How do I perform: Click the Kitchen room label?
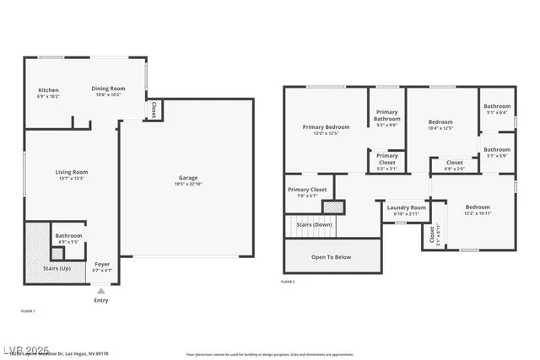pyautogui.click(x=48, y=90)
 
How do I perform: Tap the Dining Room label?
pyautogui.click(x=108, y=89)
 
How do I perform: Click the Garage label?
pyautogui.click(x=187, y=178)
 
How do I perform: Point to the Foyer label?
pyautogui.click(x=101, y=265)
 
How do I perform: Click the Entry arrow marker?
pyautogui.click(x=101, y=291)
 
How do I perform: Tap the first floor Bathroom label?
pyautogui.click(x=68, y=236)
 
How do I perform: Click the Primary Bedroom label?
pyautogui.click(x=325, y=127)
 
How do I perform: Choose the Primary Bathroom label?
pyautogui.click(x=386, y=116)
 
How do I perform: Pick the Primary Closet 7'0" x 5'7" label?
pyautogui.click(x=307, y=191)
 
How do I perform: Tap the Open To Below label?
pyautogui.click(x=331, y=257)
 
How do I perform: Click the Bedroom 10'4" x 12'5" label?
pyautogui.click(x=440, y=122)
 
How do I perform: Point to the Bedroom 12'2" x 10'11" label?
pyautogui.click(x=478, y=207)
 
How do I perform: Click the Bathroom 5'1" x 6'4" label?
pyautogui.click(x=497, y=106)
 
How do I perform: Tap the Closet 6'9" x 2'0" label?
pyautogui.click(x=454, y=163)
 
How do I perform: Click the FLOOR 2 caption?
pyautogui.click(x=288, y=282)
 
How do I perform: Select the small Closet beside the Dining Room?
pyautogui.click(x=154, y=110)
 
